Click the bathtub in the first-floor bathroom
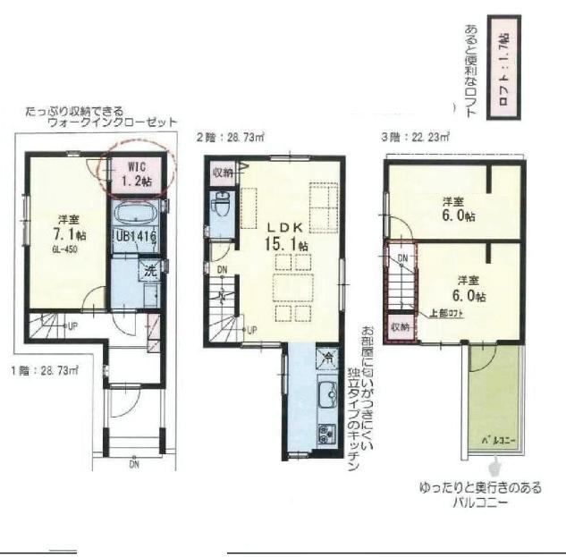[136, 215]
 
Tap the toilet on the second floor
[221, 207]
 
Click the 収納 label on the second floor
[221, 172]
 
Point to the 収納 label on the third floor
[398, 327]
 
